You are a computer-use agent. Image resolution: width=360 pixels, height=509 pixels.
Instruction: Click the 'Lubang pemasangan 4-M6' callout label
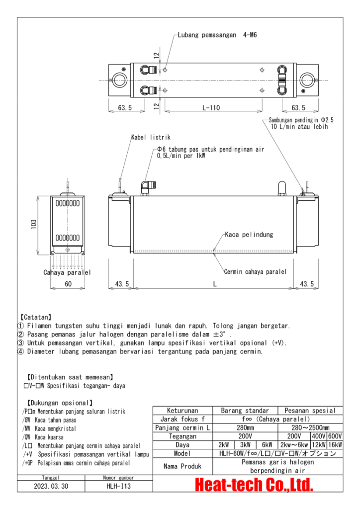pos(217,35)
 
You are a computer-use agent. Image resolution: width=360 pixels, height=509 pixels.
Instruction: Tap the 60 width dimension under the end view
pos(68,284)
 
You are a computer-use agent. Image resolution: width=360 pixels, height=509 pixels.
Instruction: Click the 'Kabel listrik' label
pos(151,137)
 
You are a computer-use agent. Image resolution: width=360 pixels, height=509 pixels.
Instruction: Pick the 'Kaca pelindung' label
pos(249,234)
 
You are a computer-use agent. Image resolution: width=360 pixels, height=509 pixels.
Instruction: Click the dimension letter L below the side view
pos(215,284)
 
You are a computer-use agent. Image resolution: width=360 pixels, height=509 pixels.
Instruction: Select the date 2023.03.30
pos(51,487)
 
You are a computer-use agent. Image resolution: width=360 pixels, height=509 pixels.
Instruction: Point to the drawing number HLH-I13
pos(119,487)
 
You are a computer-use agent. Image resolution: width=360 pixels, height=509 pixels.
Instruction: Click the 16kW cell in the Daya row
pos(335,444)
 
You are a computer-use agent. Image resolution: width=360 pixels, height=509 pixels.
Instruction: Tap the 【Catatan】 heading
pos(35,317)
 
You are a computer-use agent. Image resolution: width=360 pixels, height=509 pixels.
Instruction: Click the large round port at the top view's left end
pos(119,80)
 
